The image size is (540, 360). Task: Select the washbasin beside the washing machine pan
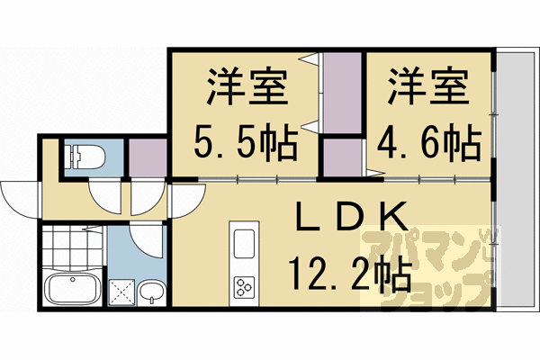click(153, 291)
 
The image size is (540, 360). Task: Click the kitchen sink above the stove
click(244, 244)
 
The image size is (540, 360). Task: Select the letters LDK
click(352, 219)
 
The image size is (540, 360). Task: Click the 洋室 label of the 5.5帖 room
click(245, 90)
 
